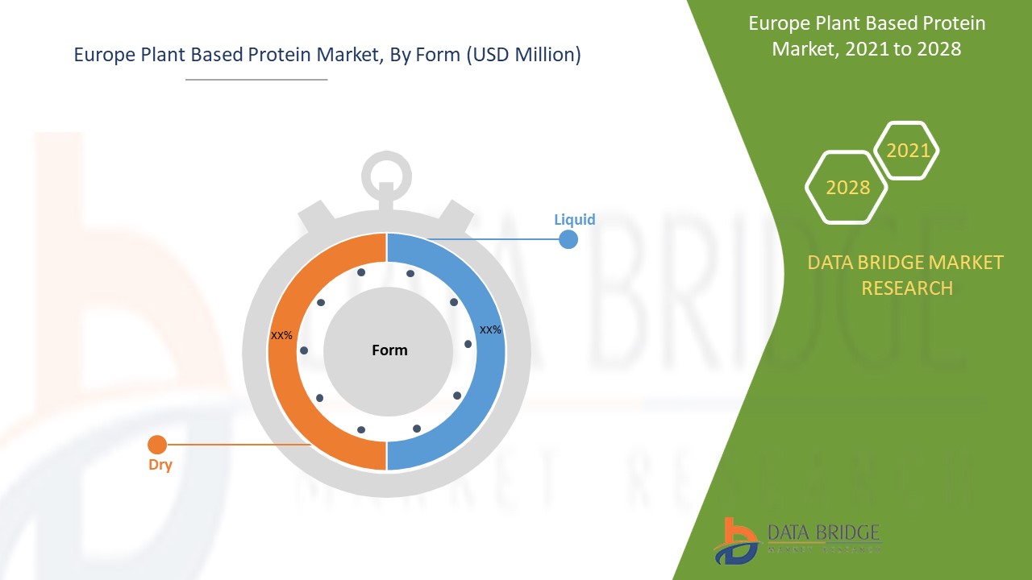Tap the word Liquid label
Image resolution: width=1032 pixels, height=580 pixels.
point(574,219)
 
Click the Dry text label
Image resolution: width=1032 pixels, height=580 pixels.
point(160,465)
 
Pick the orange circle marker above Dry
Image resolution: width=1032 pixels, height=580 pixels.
point(157,444)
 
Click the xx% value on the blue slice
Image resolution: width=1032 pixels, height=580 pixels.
point(490,329)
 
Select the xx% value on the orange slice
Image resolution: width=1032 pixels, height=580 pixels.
point(281,335)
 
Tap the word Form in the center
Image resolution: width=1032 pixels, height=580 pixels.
point(389,350)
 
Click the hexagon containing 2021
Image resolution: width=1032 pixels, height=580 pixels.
point(907,151)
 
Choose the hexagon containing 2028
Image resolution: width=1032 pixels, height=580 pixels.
point(847,187)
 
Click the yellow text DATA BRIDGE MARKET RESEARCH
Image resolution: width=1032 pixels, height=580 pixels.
point(905,275)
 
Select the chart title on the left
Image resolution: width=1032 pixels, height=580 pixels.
point(327,56)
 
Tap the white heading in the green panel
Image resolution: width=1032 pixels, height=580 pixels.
point(867,36)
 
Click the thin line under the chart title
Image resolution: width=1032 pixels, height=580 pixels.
point(256,80)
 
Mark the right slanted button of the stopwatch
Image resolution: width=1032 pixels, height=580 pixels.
point(456,215)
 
